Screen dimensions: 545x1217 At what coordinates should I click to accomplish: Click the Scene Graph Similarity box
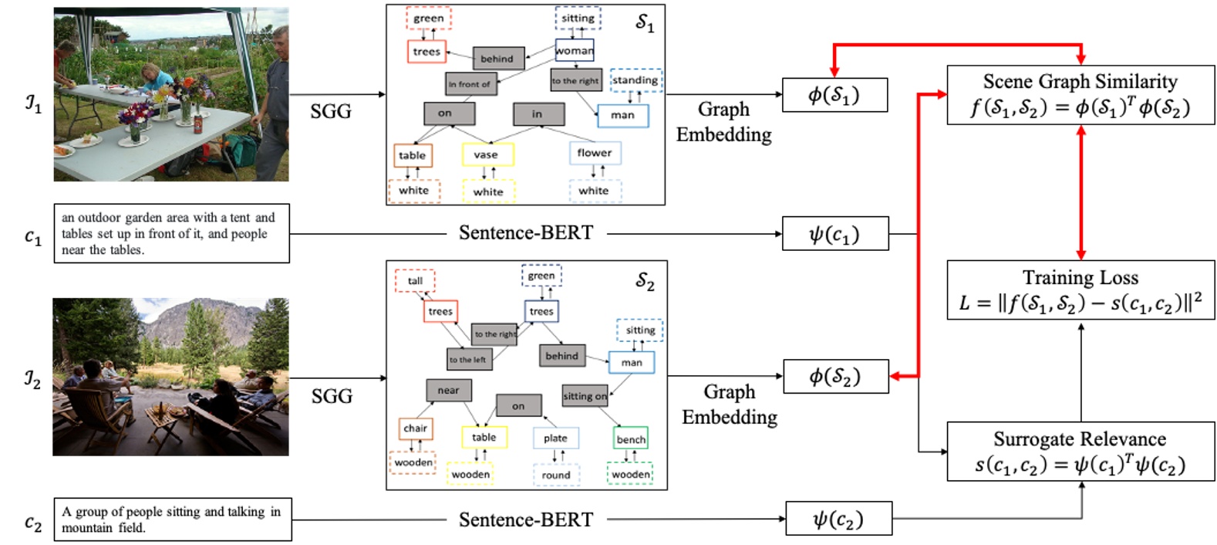point(1080,94)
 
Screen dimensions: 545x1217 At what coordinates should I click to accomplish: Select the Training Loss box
point(1080,290)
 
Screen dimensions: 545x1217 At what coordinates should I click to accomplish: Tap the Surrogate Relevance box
point(1080,452)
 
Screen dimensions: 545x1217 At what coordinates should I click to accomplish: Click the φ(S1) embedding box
point(834,95)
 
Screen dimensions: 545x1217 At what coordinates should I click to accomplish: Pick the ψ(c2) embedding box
point(838,519)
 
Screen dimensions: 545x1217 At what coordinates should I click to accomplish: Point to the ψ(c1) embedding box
point(834,234)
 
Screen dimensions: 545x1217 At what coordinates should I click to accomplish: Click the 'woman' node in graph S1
point(575,51)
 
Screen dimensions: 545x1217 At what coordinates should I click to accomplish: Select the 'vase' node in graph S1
point(487,155)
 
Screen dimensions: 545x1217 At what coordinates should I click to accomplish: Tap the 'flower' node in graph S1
point(595,153)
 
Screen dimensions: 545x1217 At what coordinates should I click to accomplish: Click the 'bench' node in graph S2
point(631,439)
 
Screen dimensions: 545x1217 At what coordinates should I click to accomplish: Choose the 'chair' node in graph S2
point(415,428)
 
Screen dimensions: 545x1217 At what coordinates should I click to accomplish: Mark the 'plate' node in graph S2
point(555,438)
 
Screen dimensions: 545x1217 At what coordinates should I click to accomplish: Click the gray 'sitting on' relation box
point(585,396)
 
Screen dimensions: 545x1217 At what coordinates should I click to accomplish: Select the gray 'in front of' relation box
point(470,84)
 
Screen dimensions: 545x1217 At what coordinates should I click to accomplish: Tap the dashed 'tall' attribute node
point(415,281)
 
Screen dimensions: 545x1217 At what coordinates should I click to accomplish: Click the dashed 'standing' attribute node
point(635,80)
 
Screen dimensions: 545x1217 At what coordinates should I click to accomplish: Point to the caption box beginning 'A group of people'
point(172,520)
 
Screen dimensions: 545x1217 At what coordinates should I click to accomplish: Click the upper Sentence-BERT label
point(526,233)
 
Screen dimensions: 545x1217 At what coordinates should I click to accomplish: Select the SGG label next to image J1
point(331,112)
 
